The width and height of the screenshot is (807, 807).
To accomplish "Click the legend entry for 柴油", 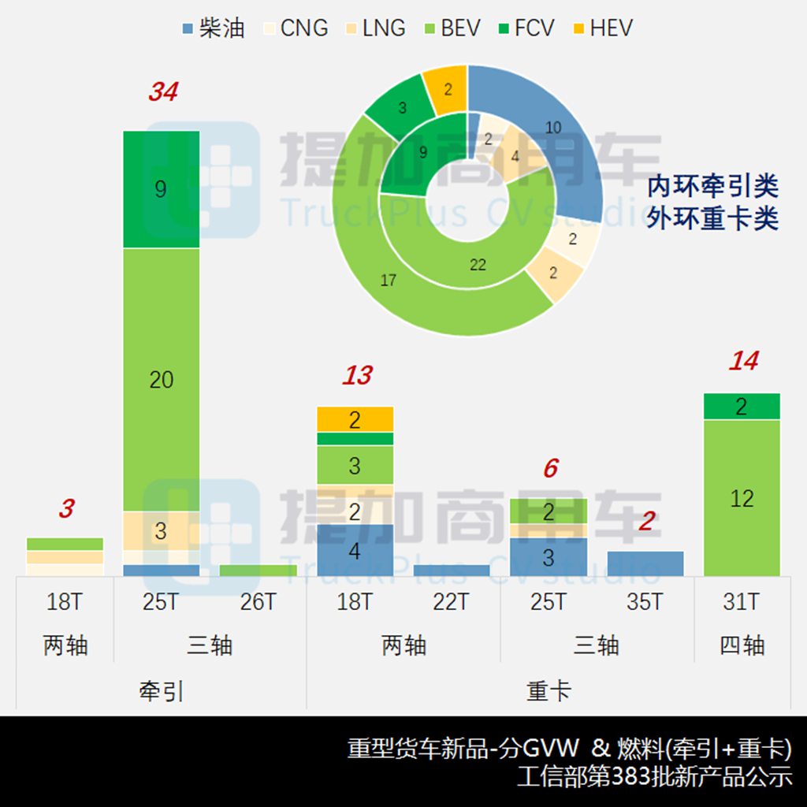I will pos(213,28).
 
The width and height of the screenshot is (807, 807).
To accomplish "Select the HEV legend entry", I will pos(603,28).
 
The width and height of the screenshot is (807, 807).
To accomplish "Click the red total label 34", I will pos(163,92).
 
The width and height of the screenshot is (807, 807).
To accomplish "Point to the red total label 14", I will pos(742,361).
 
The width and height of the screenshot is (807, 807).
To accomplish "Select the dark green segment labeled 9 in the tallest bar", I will pos(162,189).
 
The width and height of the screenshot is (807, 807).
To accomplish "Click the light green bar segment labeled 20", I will pos(162,380).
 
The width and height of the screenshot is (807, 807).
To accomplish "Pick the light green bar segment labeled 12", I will pos(742,498).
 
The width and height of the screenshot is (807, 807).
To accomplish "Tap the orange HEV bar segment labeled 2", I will pos(355,419).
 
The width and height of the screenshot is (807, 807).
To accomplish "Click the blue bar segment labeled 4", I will pos(355,550).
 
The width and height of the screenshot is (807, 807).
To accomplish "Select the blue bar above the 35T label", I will pos(645,563).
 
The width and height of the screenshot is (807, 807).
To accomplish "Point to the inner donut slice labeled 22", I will pos(478,265).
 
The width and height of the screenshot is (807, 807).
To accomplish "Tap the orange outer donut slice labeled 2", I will pos(447,88).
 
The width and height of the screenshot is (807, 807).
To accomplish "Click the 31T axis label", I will pos(742,603).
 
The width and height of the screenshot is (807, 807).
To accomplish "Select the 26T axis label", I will pos(258,603).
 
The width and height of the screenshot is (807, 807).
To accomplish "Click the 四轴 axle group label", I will pos(742,645).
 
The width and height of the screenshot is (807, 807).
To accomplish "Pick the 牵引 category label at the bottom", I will pos(161,691).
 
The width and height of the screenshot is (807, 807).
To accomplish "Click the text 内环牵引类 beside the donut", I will pos(712,187).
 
